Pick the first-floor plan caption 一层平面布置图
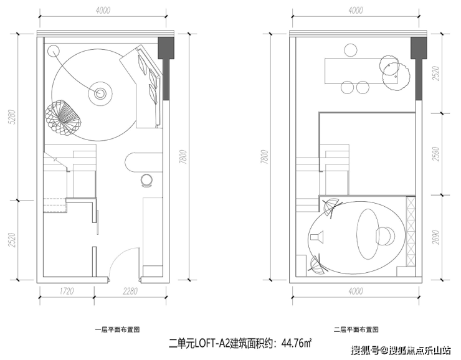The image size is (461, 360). click(x=118, y=329)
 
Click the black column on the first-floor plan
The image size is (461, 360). click(x=167, y=69)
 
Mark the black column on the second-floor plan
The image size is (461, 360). click(x=421, y=69)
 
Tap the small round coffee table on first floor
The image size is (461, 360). click(x=100, y=94)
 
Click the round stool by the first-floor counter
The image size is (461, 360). click(x=147, y=180)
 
